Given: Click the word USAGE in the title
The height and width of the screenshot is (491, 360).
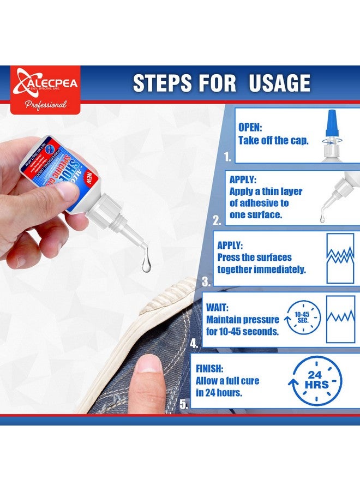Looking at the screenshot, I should pyautogui.click(x=279, y=83).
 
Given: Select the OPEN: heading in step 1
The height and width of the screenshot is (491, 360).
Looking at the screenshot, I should pyautogui.click(x=250, y=127).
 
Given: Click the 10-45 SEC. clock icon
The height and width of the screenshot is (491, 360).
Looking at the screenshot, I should pyautogui.click(x=303, y=318).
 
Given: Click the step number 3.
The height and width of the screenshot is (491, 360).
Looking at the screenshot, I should pyautogui.click(x=206, y=283).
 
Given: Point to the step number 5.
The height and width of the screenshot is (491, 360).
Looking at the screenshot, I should pyautogui.click(x=184, y=405).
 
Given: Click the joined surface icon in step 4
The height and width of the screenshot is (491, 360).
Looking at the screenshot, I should pyautogui.click(x=340, y=319).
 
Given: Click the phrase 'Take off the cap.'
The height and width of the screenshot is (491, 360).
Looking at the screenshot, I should pyautogui.click(x=273, y=140).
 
